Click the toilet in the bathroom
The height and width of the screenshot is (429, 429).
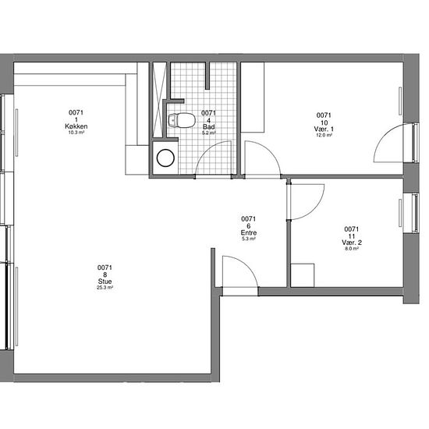tap(182, 120)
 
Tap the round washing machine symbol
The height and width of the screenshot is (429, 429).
tap(165, 158)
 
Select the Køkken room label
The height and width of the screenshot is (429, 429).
tap(76, 126)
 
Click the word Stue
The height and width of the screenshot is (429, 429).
tap(105, 282)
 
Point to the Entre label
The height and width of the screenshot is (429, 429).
tap(248, 233)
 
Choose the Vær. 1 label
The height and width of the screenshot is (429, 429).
tap(324, 129)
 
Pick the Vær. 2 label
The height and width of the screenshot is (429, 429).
tap(352, 243)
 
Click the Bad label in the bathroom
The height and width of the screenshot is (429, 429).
tap(209, 127)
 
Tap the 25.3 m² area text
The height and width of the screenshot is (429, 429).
tap(105, 288)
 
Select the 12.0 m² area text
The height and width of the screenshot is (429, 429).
tap(324, 135)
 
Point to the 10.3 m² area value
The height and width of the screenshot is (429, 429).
tap(76, 133)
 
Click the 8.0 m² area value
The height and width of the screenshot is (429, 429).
tap(352, 249)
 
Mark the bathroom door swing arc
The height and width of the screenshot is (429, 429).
tap(205, 151)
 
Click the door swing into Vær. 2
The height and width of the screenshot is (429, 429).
tap(314, 209)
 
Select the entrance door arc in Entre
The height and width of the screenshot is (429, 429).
tap(247, 265)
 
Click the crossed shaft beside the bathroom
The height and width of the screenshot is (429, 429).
tap(159, 100)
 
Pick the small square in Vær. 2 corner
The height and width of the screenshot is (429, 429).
tap(303, 275)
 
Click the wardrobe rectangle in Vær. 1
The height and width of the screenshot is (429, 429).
tap(253, 97)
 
